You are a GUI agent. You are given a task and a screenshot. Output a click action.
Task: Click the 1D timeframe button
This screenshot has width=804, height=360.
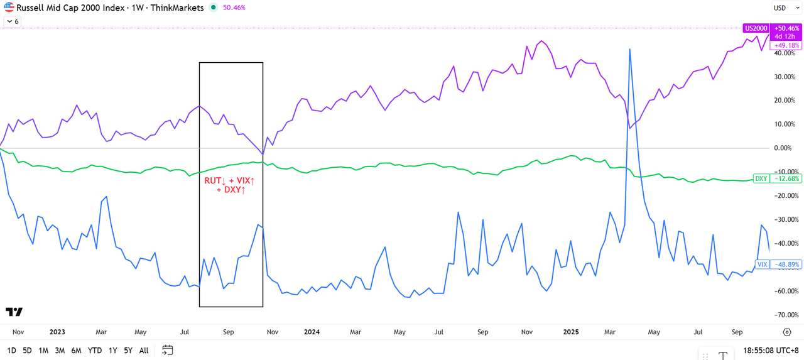tap(11, 351)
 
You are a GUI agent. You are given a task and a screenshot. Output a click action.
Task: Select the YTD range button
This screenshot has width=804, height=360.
tap(95, 351)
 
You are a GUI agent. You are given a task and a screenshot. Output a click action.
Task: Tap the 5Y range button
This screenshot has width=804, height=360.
tap(128, 351)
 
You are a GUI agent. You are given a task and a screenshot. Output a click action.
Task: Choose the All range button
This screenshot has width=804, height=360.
tap(144, 351)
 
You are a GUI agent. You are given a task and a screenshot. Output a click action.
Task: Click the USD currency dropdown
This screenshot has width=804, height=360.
tap(786, 8)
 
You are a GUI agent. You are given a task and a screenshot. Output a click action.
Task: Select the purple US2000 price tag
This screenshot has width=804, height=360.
tap(756, 28)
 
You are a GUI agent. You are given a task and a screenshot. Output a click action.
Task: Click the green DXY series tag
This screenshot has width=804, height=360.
tap(761, 178)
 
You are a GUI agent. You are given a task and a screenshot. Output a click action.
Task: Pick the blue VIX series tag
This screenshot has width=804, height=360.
tap(762, 265)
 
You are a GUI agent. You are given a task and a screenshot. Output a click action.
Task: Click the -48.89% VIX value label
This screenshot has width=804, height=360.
tap(786, 265)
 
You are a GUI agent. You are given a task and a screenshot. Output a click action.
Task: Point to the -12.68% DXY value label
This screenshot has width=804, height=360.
tap(786, 178)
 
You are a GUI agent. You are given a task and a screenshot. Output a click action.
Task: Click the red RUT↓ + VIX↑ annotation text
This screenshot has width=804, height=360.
tap(231, 185)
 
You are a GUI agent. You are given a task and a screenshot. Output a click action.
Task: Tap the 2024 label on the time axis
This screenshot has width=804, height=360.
tap(311, 332)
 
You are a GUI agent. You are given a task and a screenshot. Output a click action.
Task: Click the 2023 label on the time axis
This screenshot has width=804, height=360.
tap(57, 332)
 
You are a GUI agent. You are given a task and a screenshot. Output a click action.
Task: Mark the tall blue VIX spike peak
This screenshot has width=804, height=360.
tap(629, 49)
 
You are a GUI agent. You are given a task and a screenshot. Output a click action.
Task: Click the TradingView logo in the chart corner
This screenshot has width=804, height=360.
tap(14, 312)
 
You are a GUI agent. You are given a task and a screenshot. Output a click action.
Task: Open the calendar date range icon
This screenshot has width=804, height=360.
tap(167, 350)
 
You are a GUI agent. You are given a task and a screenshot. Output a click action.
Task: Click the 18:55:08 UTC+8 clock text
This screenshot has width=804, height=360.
tap(771, 351)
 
